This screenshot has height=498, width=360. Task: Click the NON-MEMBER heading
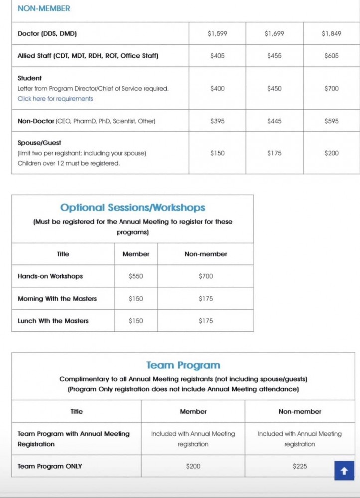[x=44, y=8]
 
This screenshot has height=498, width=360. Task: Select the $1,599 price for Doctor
[x=217, y=34]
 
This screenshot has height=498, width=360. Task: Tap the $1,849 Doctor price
[x=331, y=34]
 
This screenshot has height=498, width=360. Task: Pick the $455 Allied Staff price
[x=274, y=56]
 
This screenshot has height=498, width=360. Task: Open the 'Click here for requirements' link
[x=55, y=99]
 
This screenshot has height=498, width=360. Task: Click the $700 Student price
[x=331, y=88]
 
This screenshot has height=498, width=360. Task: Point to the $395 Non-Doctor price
[x=217, y=121]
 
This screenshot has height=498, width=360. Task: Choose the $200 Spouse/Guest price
[x=331, y=153]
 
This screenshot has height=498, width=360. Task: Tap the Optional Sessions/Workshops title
[x=132, y=208]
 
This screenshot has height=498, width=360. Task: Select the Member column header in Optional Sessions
[x=136, y=254]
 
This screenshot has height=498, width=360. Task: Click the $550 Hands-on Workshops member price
[x=136, y=276]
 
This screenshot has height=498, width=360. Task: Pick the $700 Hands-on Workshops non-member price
[x=206, y=276]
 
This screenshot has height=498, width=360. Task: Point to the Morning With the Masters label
[x=57, y=299]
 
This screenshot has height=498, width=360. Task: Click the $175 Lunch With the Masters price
[x=206, y=321]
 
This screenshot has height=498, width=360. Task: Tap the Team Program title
[x=183, y=365]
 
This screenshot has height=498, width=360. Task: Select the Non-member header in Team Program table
[x=300, y=411]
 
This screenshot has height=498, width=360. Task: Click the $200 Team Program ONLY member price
[x=193, y=466]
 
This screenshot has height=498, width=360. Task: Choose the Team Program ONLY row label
[x=50, y=466]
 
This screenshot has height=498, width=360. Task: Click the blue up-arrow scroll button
[x=344, y=470]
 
